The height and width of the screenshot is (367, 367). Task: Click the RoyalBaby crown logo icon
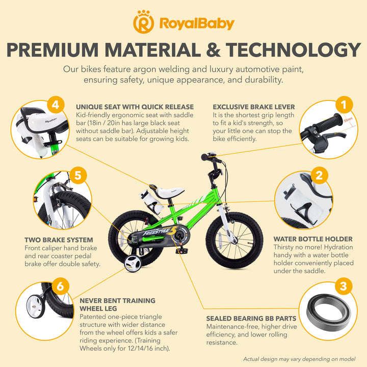[x=143, y=22]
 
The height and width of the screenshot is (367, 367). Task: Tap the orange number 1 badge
[x=344, y=104]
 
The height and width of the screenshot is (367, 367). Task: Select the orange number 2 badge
[x=319, y=175]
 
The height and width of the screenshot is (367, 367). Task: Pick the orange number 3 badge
[x=343, y=286]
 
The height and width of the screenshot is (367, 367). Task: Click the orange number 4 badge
[x=56, y=104]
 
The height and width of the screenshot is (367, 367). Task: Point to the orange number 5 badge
[x=77, y=175]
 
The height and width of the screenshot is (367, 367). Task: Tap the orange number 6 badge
[x=60, y=286]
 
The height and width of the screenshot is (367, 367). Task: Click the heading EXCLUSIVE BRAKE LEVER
[x=254, y=107]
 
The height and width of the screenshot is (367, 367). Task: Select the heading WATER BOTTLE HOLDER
[x=313, y=239]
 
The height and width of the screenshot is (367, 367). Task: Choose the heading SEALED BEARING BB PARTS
[x=251, y=319]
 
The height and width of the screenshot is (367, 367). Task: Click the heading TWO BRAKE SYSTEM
[x=59, y=240]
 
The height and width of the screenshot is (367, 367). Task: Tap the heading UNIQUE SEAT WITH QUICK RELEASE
[x=135, y=107]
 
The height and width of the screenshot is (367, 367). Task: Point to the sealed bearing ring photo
[x=329, y=312]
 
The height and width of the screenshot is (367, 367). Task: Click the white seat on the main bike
[x=169, y=192]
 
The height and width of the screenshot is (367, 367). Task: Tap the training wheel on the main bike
[x=133, y=264]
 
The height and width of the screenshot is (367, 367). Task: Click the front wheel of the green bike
[x=234, y=240]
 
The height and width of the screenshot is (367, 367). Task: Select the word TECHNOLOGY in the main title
[x=293, y=50]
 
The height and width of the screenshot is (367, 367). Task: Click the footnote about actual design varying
[x=299, y=359]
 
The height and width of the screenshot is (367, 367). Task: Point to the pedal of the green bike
[x=181, y=251]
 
